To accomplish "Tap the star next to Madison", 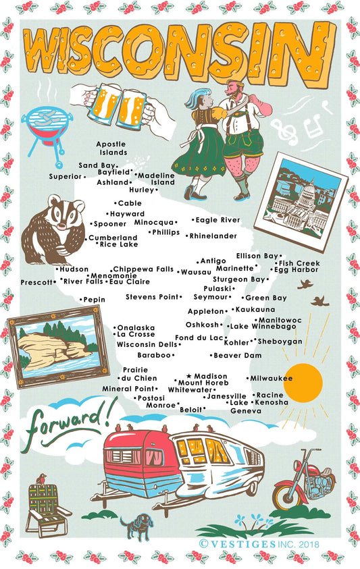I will click(188, 375).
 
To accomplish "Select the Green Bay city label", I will click(266, 298).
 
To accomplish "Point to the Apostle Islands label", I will click(111, 148).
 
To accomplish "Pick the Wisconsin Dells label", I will click(147, 344).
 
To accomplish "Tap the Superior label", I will click(65, 176).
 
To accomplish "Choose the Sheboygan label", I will click(280, 342).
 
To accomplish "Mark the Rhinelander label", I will click(213, 236).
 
